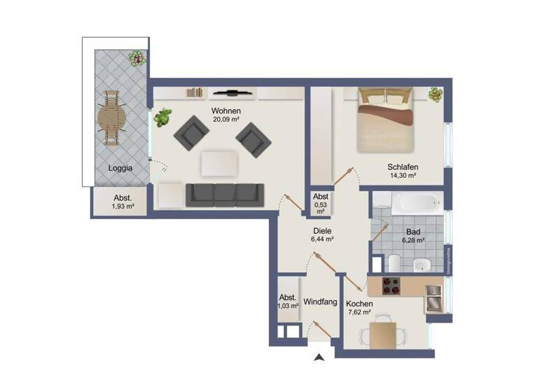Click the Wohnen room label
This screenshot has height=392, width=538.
[226, 111]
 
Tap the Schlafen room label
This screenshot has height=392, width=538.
[402, 167]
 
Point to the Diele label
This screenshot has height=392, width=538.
[322, 230]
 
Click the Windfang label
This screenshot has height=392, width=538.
[320, 302]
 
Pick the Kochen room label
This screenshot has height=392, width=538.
[359, 303]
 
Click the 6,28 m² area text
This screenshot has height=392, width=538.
[413, 239]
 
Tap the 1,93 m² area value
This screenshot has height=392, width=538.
[122, 207]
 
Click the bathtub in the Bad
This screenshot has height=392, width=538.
[415, 204]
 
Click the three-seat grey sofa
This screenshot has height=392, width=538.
[224, 195]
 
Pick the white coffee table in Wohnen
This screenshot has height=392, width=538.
[219, 164]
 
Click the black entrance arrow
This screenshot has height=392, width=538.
[319, 358]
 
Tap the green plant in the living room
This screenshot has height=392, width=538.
[163, 117]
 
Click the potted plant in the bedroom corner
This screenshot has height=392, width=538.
[436, 94]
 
